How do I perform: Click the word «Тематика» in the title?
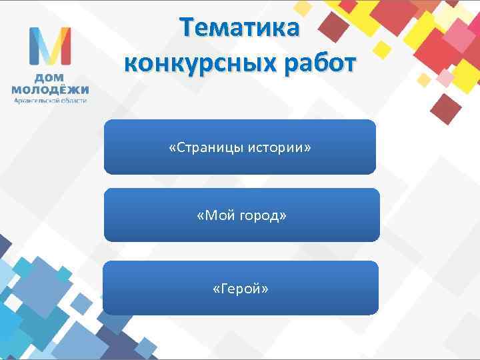click(241, 29)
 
